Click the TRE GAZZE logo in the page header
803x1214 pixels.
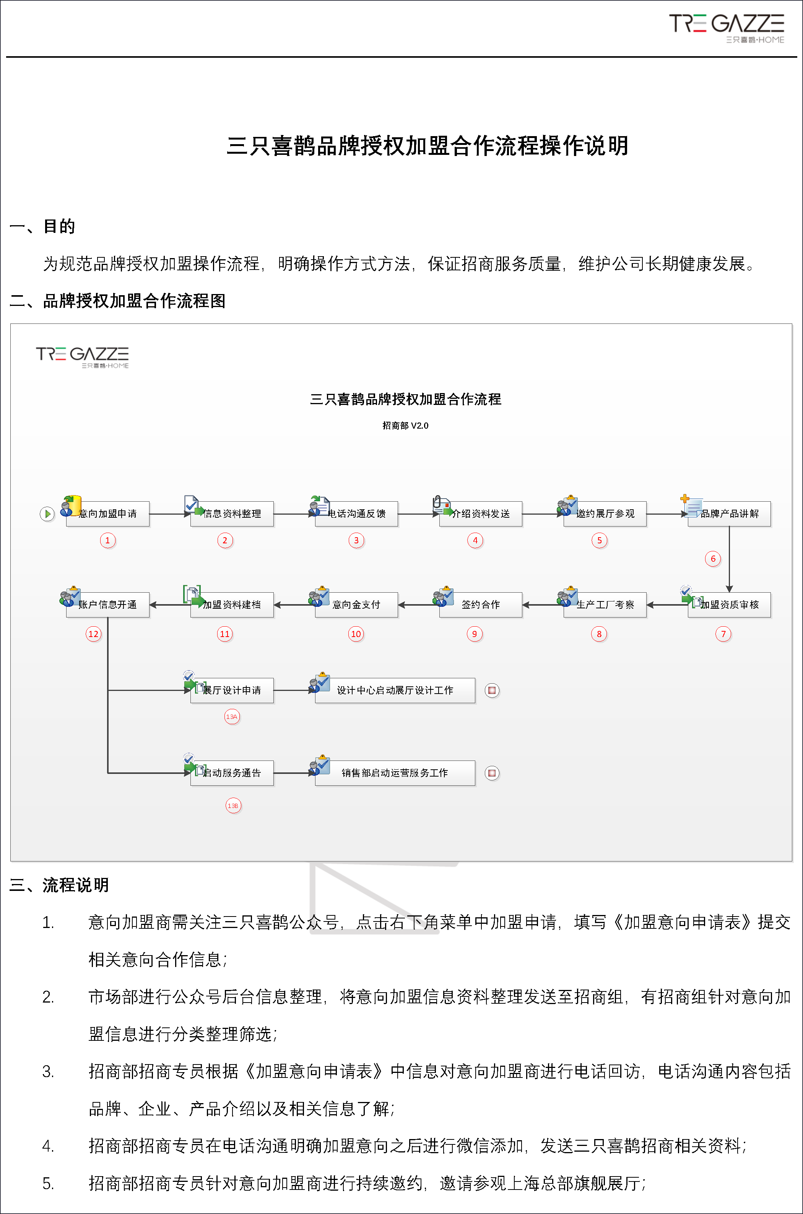[727, 29]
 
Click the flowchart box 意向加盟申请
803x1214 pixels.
[107, 514]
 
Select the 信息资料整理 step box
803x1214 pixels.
[232, 514]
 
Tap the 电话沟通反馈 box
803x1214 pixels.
[356, 514]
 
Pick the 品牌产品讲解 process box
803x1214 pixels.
[729, 514]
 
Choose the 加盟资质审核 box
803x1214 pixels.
[729, 605]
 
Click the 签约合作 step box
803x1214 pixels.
[480, 605]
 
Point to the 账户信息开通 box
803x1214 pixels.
[107, 605]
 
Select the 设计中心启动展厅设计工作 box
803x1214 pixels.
[395, 690]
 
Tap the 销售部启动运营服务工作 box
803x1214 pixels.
[395, 773]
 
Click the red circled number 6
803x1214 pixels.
[713, 559]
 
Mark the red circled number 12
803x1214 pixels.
[93, 634]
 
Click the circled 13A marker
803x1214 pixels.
[232, 716]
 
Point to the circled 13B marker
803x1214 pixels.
[233, 805]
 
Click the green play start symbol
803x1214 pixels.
[47, 514]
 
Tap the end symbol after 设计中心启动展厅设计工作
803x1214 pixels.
[492, 690]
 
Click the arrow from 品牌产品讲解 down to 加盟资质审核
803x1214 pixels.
[729, 559]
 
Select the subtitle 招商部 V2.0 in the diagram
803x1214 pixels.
[405, 426]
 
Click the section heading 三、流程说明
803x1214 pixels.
[59, 885]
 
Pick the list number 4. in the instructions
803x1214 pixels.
[48, 1146]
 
